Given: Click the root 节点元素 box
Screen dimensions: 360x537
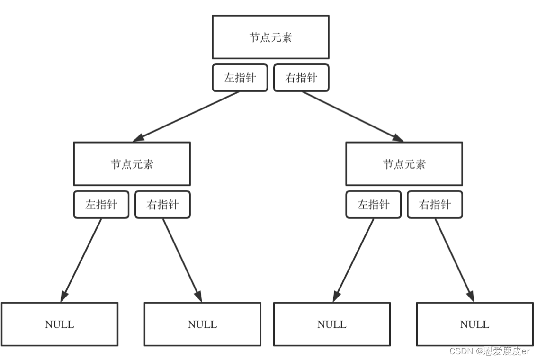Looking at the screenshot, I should (270, 37).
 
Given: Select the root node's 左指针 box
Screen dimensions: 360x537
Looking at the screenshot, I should (240, 78).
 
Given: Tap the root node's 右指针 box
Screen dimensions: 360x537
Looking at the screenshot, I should (301, 78).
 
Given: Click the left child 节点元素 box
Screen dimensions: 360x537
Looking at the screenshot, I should (132, 164).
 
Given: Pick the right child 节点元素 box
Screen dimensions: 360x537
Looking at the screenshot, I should (404, 164).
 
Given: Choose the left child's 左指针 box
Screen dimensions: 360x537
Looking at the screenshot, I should (101, 205).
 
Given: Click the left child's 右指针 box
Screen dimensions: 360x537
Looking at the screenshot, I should (162, 205).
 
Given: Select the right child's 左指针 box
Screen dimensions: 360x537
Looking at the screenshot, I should (373, 205).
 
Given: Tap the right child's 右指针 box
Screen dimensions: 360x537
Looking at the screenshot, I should (435, 205).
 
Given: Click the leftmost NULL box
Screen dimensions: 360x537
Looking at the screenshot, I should (59, 324).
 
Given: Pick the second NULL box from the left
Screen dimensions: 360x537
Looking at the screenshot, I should (202, 324).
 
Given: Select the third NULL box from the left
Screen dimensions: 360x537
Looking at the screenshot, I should (331, 324).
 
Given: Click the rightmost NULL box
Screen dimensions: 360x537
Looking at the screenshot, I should (474, 324).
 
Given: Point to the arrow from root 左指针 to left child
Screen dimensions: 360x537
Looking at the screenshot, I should (186, 116).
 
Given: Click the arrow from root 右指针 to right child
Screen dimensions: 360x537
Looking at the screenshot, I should (353, 116).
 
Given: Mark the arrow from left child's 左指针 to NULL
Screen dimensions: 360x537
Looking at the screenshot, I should (81, 260).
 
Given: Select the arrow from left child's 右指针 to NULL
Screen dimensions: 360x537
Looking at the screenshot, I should (182, 260).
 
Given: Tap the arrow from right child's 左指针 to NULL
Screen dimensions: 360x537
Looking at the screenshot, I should (354, 260).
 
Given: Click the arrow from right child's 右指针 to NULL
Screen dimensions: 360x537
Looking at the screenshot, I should (455, 260).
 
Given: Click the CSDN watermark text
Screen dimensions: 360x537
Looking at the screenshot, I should (489, 351).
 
